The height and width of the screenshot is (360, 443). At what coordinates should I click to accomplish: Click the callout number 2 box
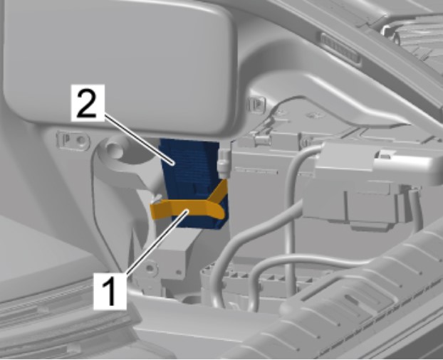tap(88, 102)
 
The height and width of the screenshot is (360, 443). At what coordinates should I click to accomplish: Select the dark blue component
tap(193, 181)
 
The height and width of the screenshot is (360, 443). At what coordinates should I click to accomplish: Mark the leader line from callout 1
tap(156, 242)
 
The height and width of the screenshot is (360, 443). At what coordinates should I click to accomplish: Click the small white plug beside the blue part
tap(224, 164)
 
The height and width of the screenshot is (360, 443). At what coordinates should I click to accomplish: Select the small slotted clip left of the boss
tap(73, 139)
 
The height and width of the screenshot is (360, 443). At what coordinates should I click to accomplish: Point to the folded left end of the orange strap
tap(157, 210)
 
